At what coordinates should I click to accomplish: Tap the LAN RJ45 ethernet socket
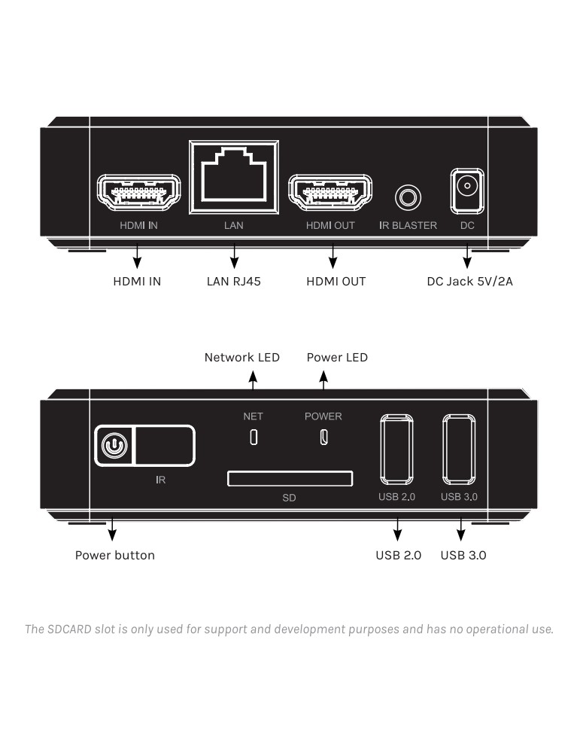235,175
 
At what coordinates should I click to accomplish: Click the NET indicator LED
254,437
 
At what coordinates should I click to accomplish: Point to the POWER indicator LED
323,437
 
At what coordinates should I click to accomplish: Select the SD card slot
290,479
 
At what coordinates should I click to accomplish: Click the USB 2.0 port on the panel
396,450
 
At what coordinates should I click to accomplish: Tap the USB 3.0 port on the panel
460,450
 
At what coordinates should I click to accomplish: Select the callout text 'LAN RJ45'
234,282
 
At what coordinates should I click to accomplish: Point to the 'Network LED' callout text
242,358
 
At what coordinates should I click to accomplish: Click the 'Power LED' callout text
337,358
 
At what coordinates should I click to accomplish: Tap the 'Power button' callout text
115,556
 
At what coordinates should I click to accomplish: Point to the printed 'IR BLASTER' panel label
408,226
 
